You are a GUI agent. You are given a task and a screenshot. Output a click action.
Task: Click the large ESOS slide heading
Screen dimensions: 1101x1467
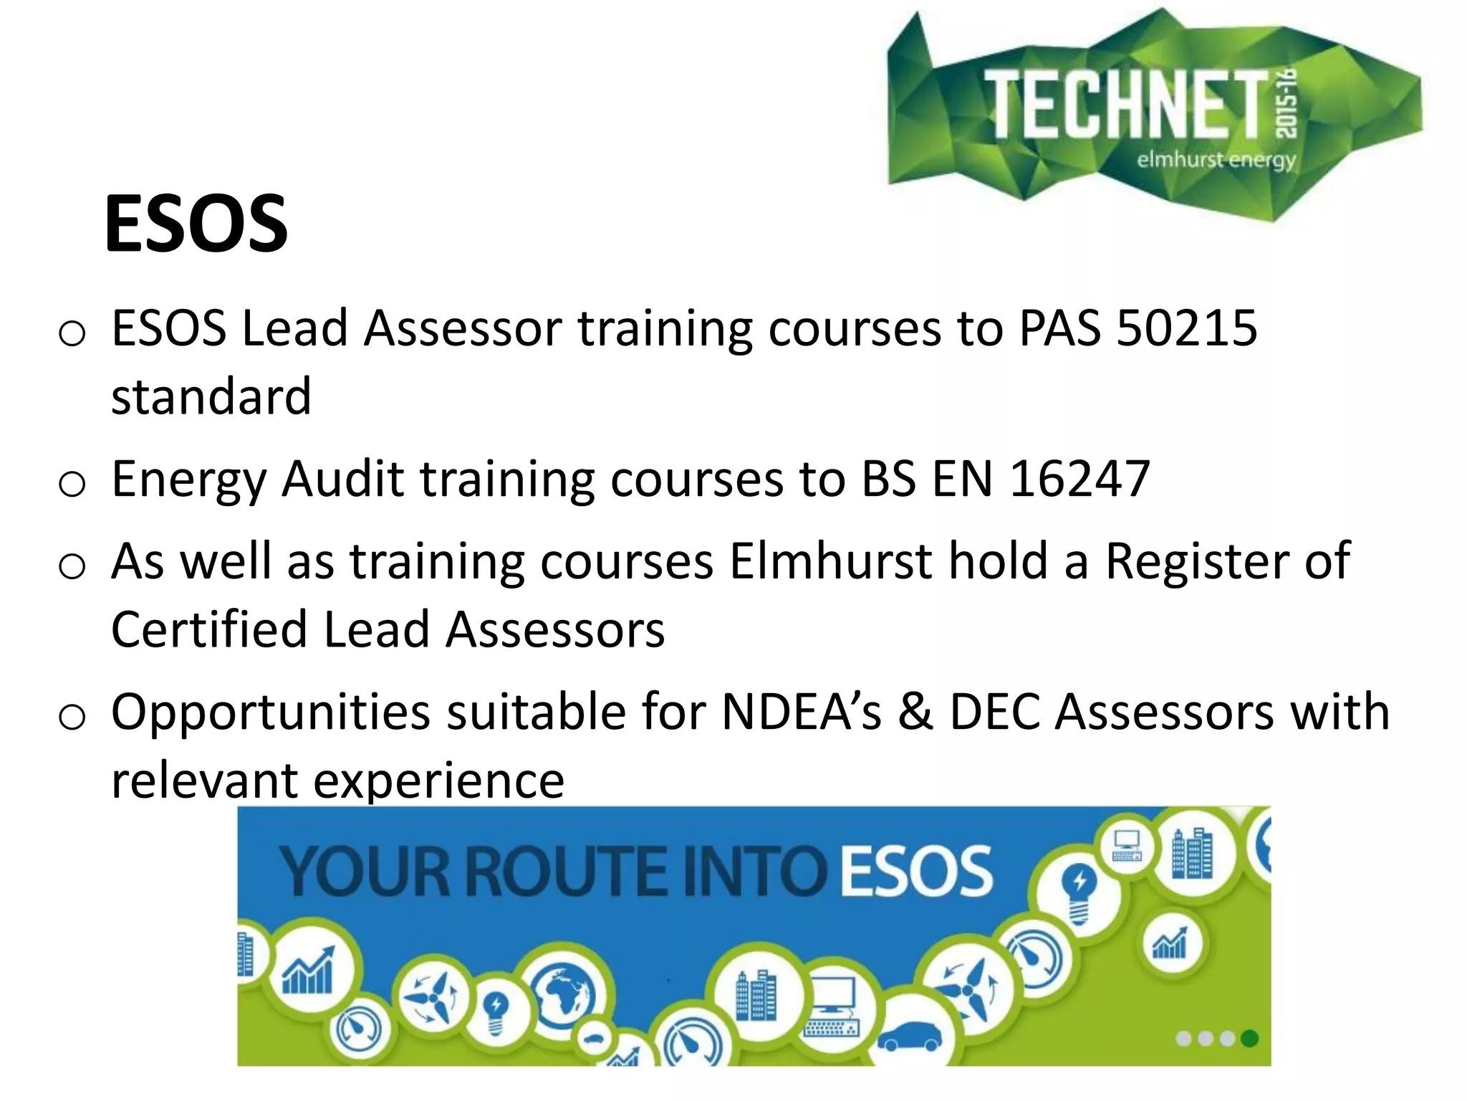(x=196, y=224)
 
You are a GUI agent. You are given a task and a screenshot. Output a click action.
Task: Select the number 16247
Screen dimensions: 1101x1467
(x=1079, y=479)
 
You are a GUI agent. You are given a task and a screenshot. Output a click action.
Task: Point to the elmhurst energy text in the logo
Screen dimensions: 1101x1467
(x=1216, y=159)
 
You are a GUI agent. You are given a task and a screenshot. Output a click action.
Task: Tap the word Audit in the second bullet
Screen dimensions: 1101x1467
(x=343, y=479)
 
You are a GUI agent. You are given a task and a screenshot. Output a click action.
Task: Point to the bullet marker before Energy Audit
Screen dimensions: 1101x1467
(x=72, y=484)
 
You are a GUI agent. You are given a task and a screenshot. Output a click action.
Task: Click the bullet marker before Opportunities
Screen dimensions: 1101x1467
(x=72, y=716)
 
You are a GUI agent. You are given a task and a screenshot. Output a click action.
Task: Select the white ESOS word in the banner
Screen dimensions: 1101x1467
(x=916, y=871)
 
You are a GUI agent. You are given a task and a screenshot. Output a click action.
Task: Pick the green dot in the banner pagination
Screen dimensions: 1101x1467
(x=1249, y=1039)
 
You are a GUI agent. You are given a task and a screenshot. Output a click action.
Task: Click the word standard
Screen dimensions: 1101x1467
(x=211, y=397)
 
